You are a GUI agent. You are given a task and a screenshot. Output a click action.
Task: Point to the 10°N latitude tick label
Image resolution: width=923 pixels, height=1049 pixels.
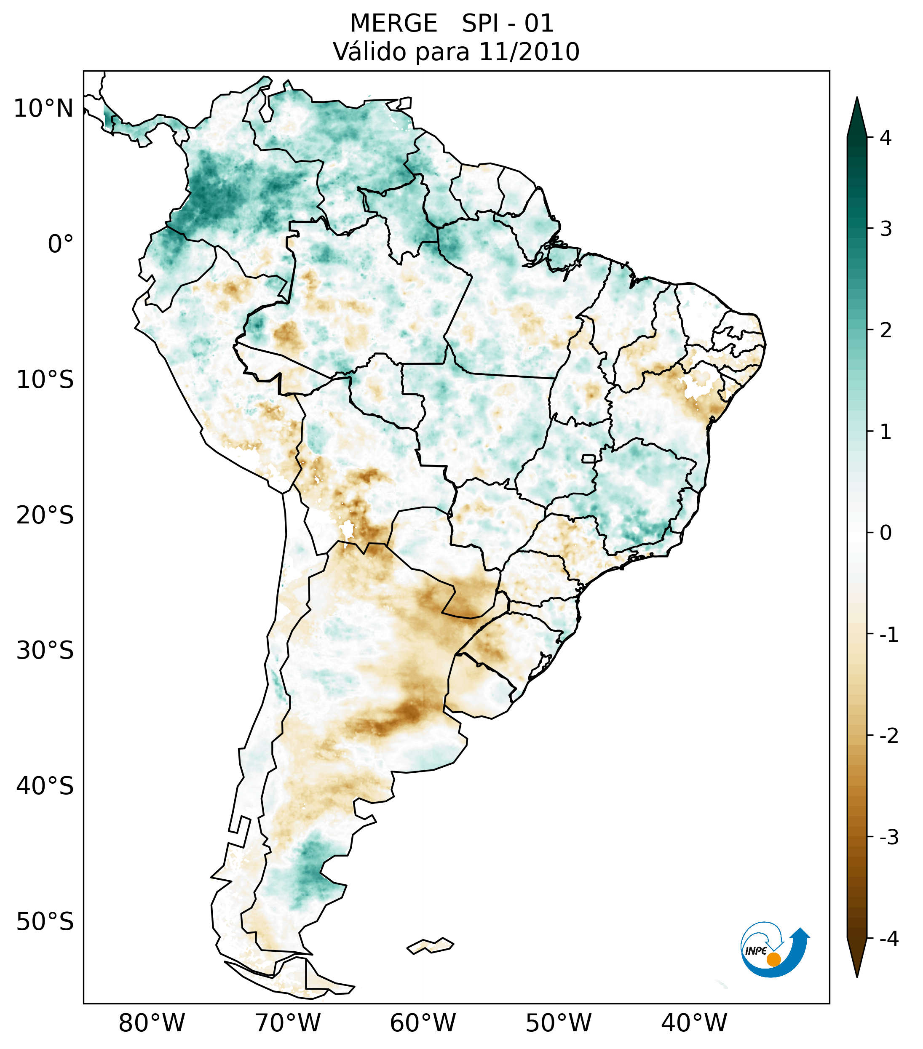tap(44, 109)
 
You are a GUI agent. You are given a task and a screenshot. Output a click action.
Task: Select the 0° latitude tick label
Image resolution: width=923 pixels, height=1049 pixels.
tap(61, 244)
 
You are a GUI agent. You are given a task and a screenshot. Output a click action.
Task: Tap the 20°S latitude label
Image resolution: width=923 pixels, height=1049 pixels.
tap(45, 515)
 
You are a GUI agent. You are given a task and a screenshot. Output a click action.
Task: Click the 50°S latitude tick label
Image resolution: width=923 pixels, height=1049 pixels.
tap(45, 922)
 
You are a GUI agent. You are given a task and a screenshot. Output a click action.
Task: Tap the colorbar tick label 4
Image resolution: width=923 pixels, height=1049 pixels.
tap(886, 138)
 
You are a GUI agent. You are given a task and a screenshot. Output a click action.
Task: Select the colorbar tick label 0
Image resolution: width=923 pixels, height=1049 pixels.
tap(886, 533)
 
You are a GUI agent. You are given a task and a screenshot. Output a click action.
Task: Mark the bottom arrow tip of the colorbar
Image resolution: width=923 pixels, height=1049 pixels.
tap(857, 976)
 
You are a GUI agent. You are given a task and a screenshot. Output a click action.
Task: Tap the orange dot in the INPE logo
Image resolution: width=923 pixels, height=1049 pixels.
tap(773, 959)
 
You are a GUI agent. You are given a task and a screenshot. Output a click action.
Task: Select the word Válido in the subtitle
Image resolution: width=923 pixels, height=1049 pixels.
tap(367, 52)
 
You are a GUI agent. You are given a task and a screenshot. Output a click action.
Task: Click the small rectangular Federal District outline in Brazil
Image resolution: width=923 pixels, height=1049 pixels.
tap(589, 458)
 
